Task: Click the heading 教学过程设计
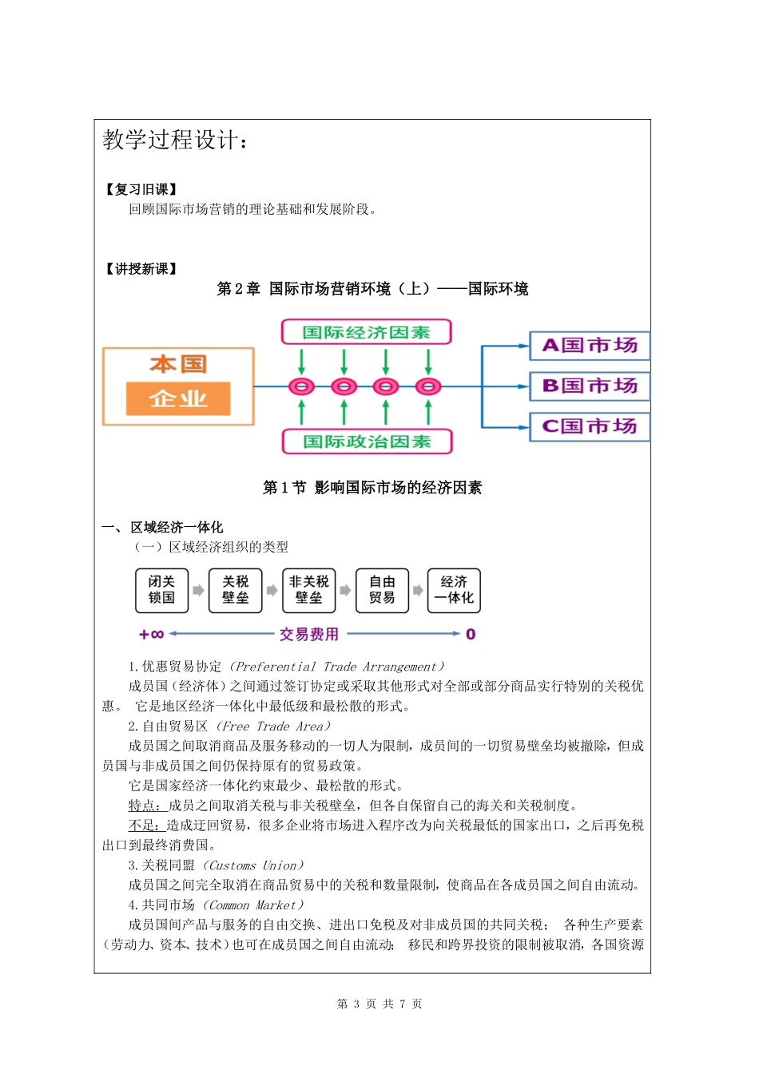point(176,141)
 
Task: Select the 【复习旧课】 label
point(141,189)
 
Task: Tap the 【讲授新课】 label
point(141,269)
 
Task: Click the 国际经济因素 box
point(366,332)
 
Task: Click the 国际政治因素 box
point(367,441)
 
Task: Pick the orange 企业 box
point(178,398)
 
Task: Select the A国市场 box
point(590,346)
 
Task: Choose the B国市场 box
point(590,386)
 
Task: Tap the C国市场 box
point(590,426)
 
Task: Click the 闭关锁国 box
point(161,590)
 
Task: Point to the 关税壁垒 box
point(235,590)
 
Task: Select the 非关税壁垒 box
point(308,590)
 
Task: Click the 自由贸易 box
point(382,590)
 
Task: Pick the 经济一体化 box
point(454,590)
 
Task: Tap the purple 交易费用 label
point(309,635)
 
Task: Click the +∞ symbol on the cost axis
point(151,635)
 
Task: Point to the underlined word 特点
point(144,806)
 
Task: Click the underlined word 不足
point(144,826)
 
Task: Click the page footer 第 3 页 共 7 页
point(379,1004)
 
